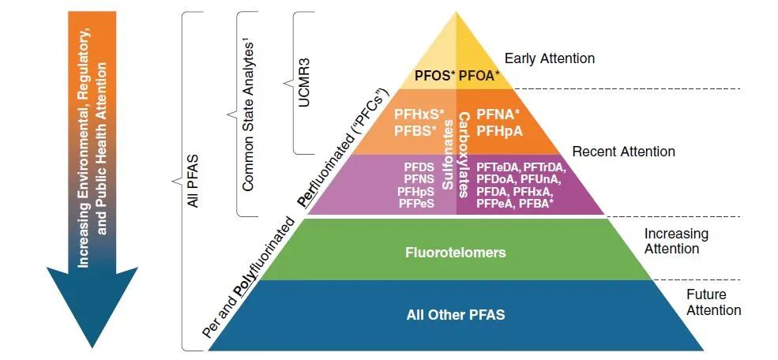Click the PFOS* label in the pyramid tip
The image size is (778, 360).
(434, 77)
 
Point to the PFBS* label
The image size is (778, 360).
(415, 129)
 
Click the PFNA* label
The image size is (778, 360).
(498, 114)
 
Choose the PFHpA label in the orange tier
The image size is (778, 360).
(499, 129)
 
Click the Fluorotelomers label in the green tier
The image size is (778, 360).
(455, 253)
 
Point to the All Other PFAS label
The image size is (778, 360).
(455, 315)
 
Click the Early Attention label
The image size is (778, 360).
(549, 58)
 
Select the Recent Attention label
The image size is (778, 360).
(623, 151)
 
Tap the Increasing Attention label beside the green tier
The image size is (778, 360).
(675, 242)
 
